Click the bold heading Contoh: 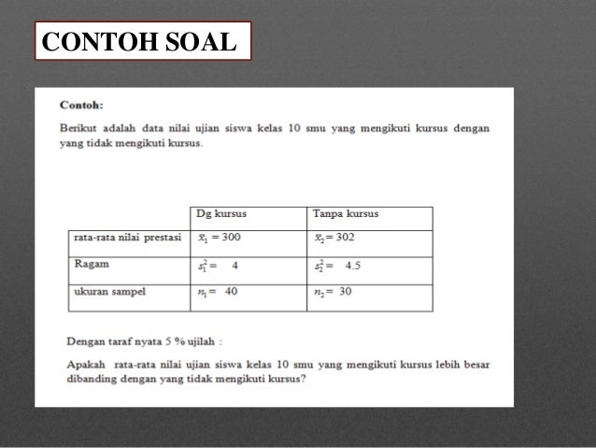(x=81, y=106)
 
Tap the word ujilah (x=207, y=340)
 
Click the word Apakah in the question (x=83, y=363)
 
